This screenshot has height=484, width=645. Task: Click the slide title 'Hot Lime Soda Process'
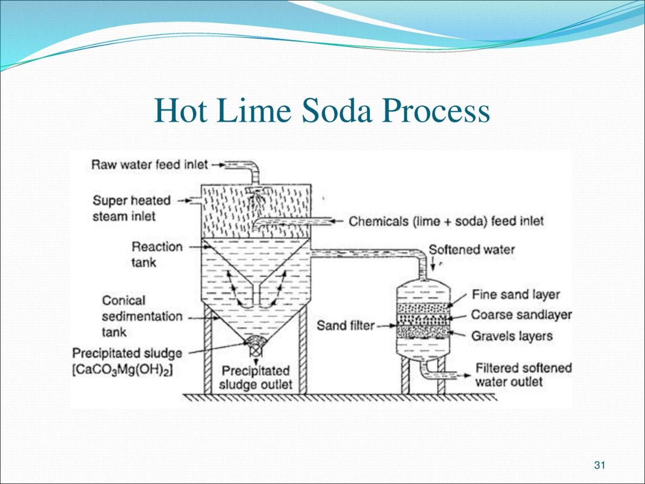click(x=322, y=111)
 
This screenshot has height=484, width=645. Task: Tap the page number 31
click(x=600, y=465)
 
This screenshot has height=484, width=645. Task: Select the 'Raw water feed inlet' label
click(x=150, y=164)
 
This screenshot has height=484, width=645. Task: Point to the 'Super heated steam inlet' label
click(x=132, y=208)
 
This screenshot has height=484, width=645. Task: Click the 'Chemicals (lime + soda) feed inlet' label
click(x=446, y=221)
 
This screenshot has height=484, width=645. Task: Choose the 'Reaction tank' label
click(x=157, y=255)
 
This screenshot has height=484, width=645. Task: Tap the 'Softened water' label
click(x=472, y=250)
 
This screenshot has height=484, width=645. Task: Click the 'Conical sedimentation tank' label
click(x=142, y=316)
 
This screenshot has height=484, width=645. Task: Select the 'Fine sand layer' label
click(x=515, y=294)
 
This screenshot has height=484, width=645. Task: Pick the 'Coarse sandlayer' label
click(x=521, y=315)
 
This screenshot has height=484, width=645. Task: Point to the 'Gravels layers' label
click(x=512, y=336)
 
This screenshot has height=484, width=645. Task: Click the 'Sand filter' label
click(x=346, y=325)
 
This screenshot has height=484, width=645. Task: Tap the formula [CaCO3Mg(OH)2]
click(x=122, y=370)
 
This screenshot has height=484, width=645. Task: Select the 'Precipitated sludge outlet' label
click(x=255, y=378)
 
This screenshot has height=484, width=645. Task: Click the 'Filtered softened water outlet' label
click(x=524, y=375)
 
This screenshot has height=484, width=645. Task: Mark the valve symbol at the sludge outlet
click(x=256, y=351)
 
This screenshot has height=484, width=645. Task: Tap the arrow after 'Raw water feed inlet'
click(x=218, y=165)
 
